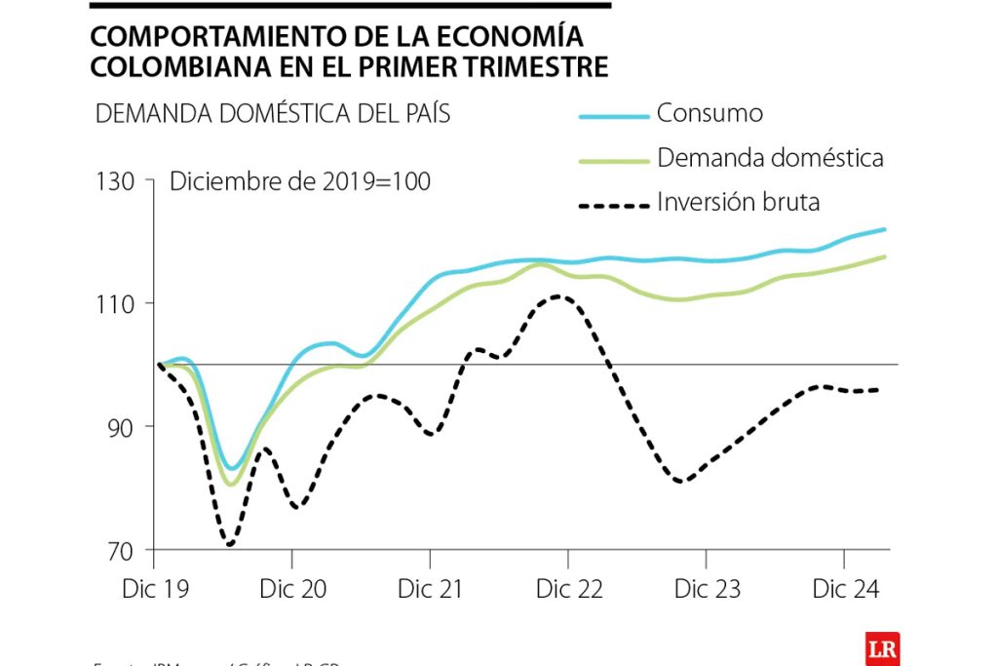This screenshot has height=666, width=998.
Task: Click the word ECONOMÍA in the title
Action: [516, 37]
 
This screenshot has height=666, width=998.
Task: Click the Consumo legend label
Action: [710, 113]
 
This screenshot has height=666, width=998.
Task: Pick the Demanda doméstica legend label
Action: [770, 158]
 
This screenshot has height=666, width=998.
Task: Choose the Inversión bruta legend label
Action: [738, 202]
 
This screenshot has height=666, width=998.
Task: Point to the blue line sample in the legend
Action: [614, 116]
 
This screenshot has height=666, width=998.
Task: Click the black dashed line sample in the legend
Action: [614, 206]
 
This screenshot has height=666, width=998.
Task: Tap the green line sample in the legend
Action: [614, 161]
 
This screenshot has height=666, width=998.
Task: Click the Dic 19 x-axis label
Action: [154, 590]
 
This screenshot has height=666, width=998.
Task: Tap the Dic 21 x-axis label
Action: [430, 590]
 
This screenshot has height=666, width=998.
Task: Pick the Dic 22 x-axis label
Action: [569, 590]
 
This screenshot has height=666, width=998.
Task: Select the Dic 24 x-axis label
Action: [845, 590]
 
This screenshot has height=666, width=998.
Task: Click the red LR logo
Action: [881, 648]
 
